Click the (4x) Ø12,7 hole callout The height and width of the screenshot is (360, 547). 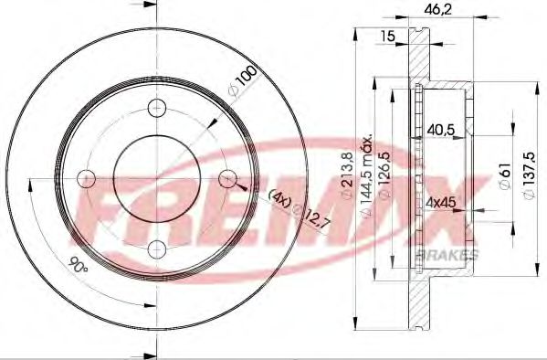coord(293,212)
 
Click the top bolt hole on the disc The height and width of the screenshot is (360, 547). coord(158,105)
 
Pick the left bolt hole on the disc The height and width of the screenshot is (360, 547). coord(87,176)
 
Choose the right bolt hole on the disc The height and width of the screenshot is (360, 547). coord(228,176)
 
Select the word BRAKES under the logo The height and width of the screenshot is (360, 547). coord(447,252)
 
